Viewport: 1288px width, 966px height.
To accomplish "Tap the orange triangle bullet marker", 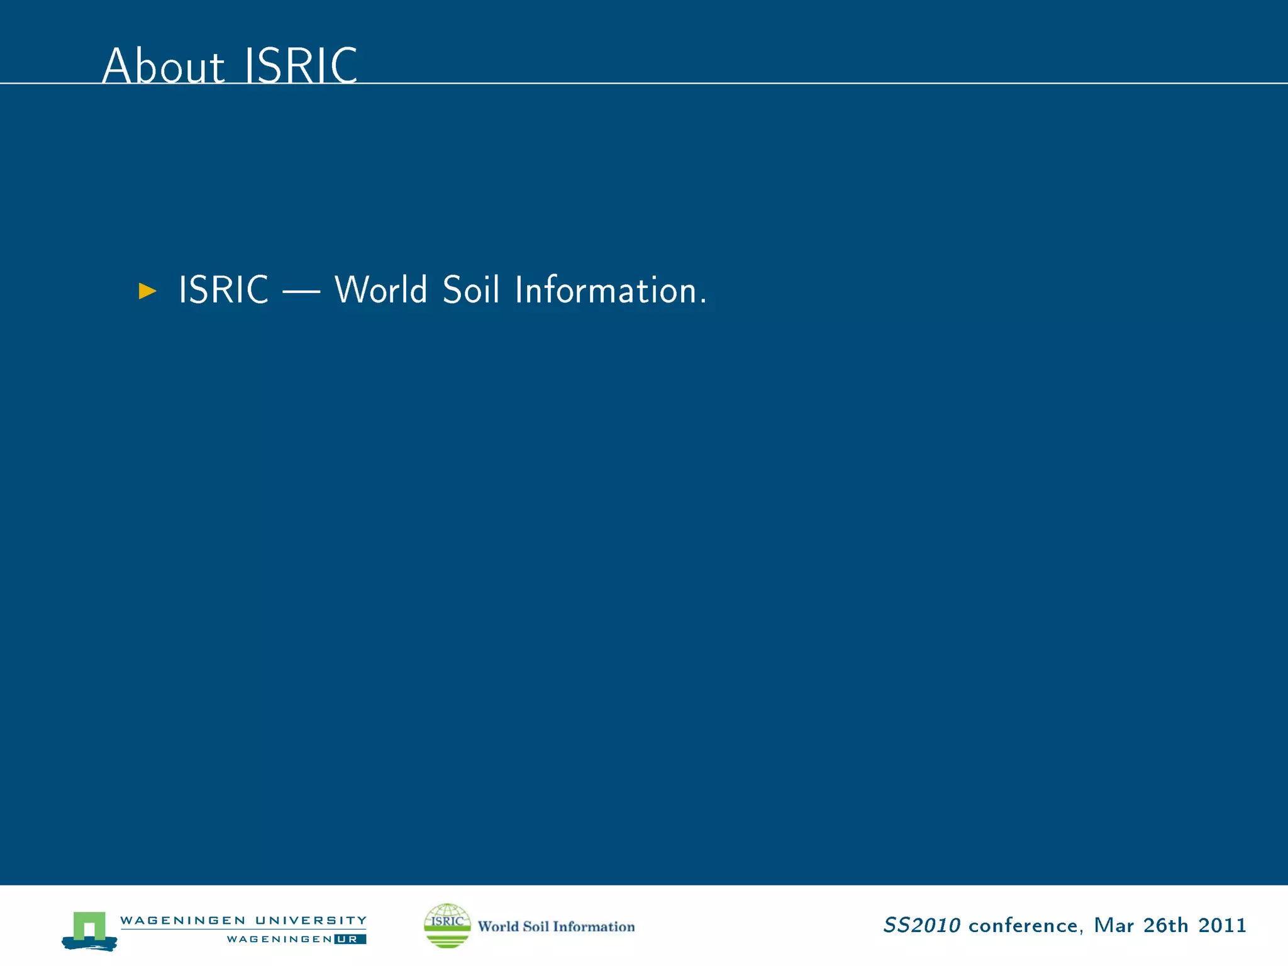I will (x=147, y=291).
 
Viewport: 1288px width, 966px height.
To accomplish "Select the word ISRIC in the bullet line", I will (x=223, y=290).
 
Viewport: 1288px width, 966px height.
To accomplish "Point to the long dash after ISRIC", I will (x=301, y=292).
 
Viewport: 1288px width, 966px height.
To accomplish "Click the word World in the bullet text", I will (x=380, y=290).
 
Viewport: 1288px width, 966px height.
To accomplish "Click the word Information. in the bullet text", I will (x=611, y=290).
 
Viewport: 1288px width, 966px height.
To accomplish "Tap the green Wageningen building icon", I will (x=89, y=928).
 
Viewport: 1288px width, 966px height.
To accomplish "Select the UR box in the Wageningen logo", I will (x=350, y=939).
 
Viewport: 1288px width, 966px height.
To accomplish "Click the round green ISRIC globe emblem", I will (x=447, y=925).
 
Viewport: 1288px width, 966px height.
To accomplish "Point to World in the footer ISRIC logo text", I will (x=498, y=926).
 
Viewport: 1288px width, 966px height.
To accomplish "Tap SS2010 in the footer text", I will (x=922, y=925).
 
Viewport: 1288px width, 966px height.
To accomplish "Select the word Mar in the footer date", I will (x=1113, y=925).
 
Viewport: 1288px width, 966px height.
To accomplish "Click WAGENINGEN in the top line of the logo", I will (x=182, y=920).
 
